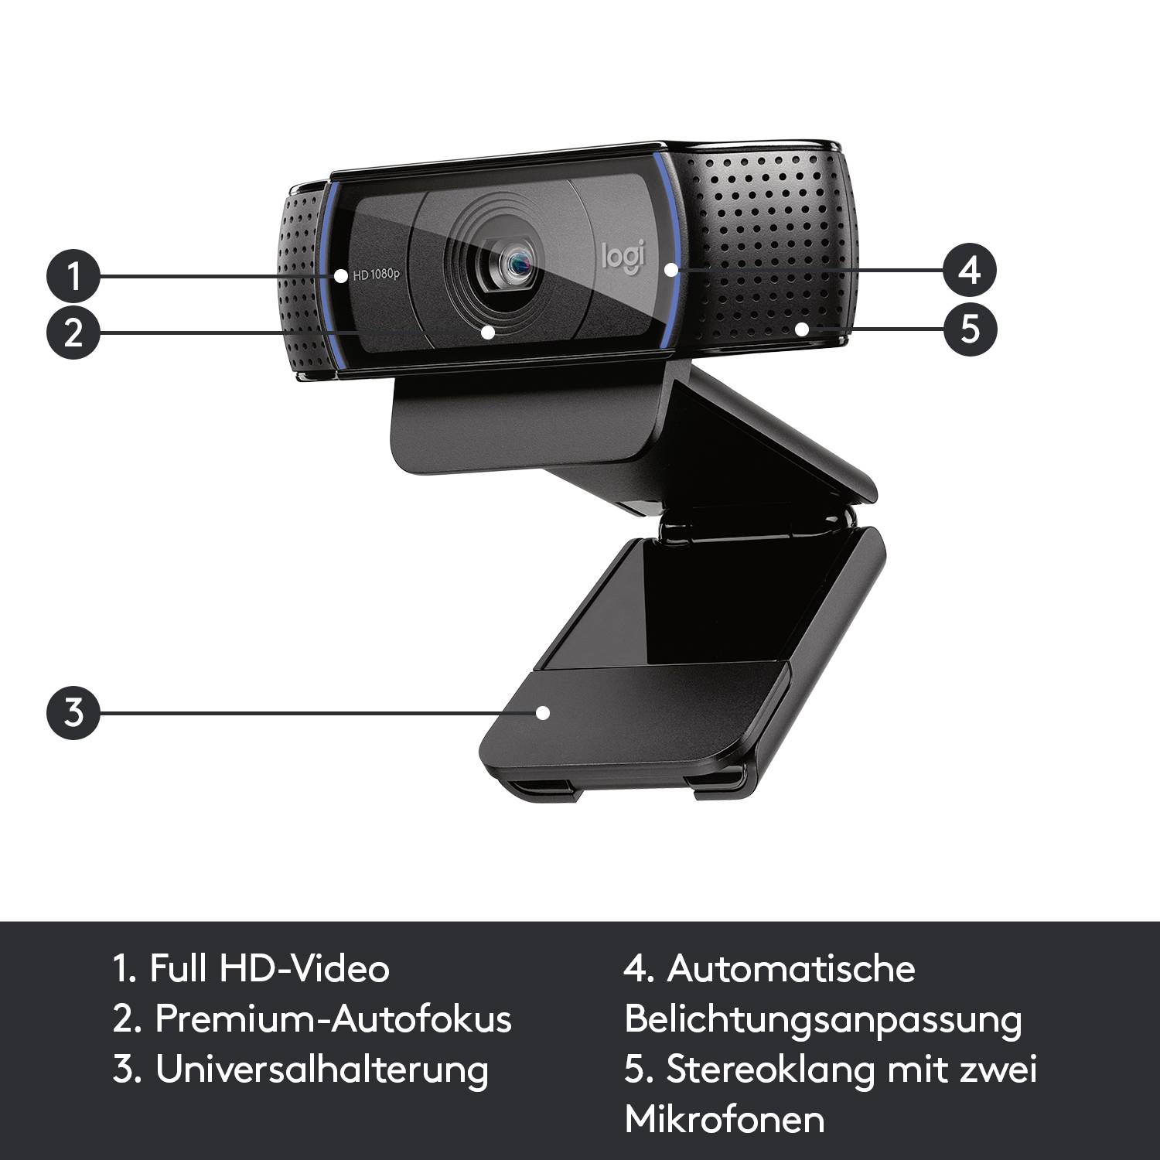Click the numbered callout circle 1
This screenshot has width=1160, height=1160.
click(73, 275)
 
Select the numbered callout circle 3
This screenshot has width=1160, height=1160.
click(73, 711)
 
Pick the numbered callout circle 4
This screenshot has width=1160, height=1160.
click(970, 270)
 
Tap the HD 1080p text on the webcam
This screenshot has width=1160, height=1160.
click(376, 275)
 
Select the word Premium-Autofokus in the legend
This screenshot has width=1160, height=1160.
click(333, 1018)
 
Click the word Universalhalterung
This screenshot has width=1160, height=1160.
click(322, 1070)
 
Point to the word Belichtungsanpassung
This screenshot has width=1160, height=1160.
click(823, 1018)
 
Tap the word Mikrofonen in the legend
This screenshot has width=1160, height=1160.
click(725, 1119)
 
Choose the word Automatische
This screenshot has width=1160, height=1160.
click(790, 968)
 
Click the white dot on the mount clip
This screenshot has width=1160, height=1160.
click(544, 712)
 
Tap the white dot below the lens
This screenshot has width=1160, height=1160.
click(487, 332)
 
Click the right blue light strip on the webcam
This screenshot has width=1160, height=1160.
click(670, 247)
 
